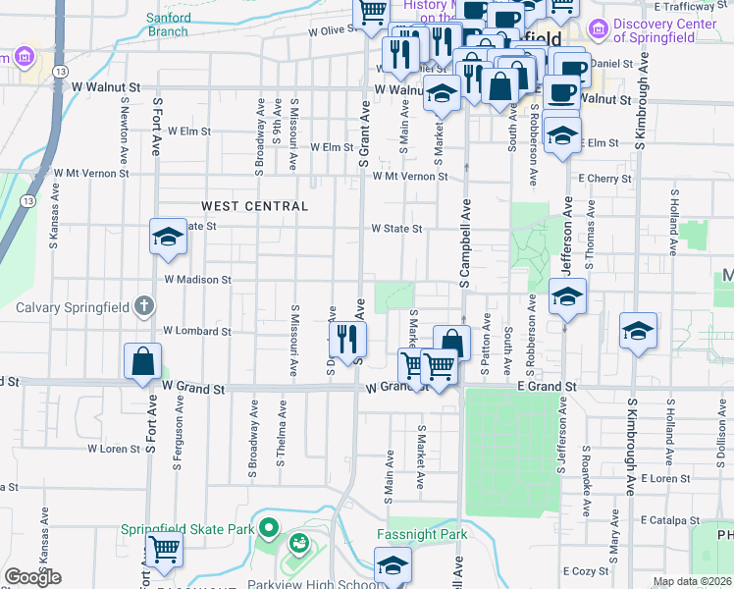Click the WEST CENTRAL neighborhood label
point(255,206)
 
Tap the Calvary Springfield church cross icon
point(144,306)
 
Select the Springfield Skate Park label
point(186,529)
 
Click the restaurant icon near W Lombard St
point(346,338)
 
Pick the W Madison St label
point(197,280)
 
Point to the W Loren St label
point(115,449)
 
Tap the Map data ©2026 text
point(692,582)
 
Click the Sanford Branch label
point(167,25)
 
